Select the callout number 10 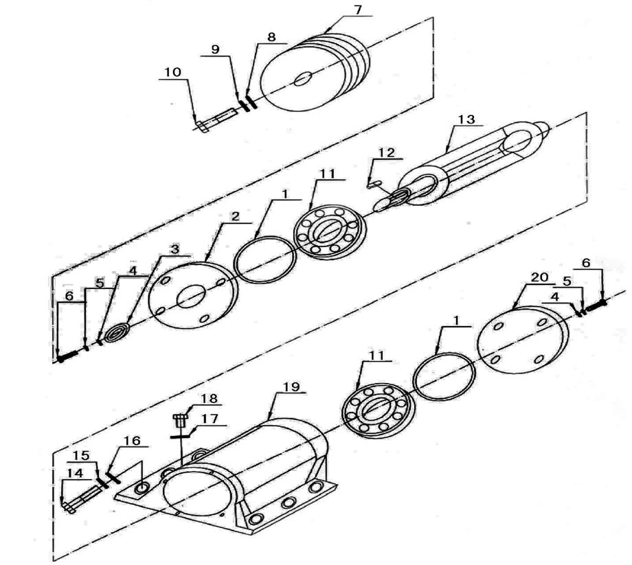coord(173,71)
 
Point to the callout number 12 coord(385,152)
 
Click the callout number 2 coord(234,216)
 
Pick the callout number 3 coord(174,249)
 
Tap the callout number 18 coord(208,399)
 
